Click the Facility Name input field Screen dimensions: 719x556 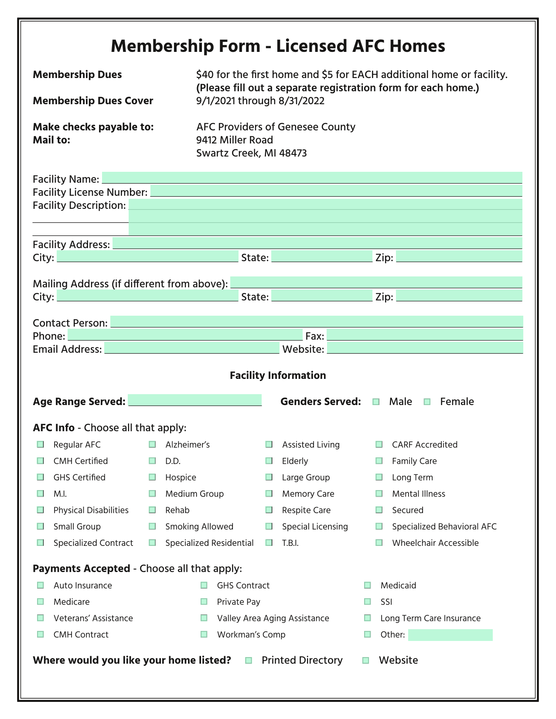[312, 177]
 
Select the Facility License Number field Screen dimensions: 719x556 [336, 191]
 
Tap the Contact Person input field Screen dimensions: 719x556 [316, 321]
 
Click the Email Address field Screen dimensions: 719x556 [191, 348]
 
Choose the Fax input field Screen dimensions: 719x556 [424, 335]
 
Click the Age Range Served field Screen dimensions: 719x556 [194, 400]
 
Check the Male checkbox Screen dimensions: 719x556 [376, 402]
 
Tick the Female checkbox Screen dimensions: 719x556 [427, 402]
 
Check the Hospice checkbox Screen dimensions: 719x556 [152, 477]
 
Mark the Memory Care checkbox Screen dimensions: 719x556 [269, 494]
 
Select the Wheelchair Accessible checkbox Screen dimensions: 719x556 [379, 543]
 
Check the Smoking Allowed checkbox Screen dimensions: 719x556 [152, 527]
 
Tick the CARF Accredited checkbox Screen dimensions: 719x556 [379, 445]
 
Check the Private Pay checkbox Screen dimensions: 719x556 [204, 602]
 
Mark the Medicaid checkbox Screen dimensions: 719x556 [368, 586]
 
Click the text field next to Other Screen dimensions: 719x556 [450, 635]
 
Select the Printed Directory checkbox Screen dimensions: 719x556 [249, 661]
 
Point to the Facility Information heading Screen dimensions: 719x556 [278, 375]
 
